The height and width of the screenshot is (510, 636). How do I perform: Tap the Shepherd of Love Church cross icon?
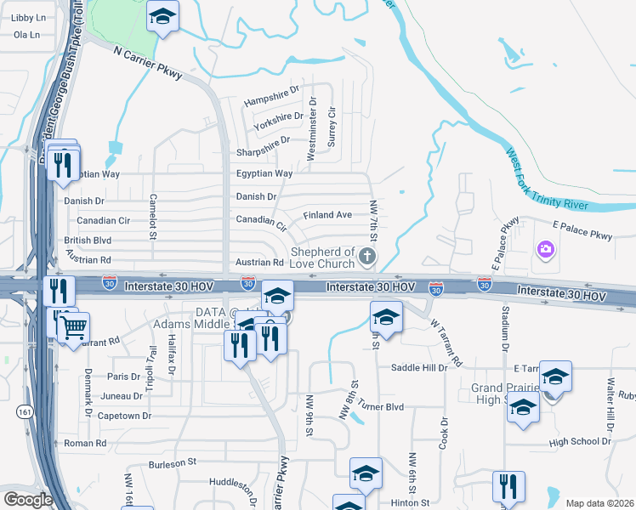[367, 255]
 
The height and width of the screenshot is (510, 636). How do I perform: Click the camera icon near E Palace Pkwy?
[545, 250]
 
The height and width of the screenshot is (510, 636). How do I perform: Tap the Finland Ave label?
[327, 215]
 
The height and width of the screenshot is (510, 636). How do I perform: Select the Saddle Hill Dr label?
[418, 368]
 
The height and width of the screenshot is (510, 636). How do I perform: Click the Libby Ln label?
[28, 17]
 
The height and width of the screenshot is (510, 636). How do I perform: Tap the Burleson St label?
[173, 462]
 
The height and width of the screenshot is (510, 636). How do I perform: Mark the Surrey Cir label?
[332, 126]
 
